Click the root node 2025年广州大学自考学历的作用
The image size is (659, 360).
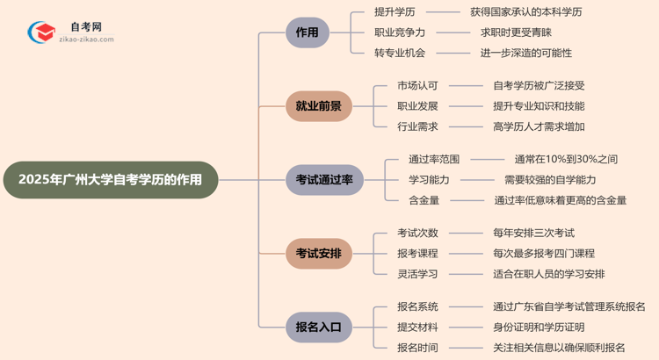coord(109,179)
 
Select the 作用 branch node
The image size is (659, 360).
coord(307,32)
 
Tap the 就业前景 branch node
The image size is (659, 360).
coord(318,106)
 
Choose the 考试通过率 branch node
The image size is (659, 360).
coord(323,180)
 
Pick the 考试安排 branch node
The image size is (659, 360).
coord(318,254)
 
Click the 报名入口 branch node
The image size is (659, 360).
coord(318,328)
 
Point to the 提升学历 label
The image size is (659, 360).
coord(394,12)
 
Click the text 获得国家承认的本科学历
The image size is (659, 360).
coord(525,12)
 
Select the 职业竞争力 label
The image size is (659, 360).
coord(400,32)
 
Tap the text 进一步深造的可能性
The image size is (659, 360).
coord(525,53)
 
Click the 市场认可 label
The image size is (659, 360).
coord(417,86)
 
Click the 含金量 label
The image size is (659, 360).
coord(424,200)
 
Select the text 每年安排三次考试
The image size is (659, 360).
coord(533,234)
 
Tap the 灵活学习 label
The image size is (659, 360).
coord(417,274)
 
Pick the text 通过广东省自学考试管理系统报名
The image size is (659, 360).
coord(569,307)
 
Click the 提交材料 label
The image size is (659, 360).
coord(417,328)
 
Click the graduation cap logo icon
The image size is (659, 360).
coord(39,32)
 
